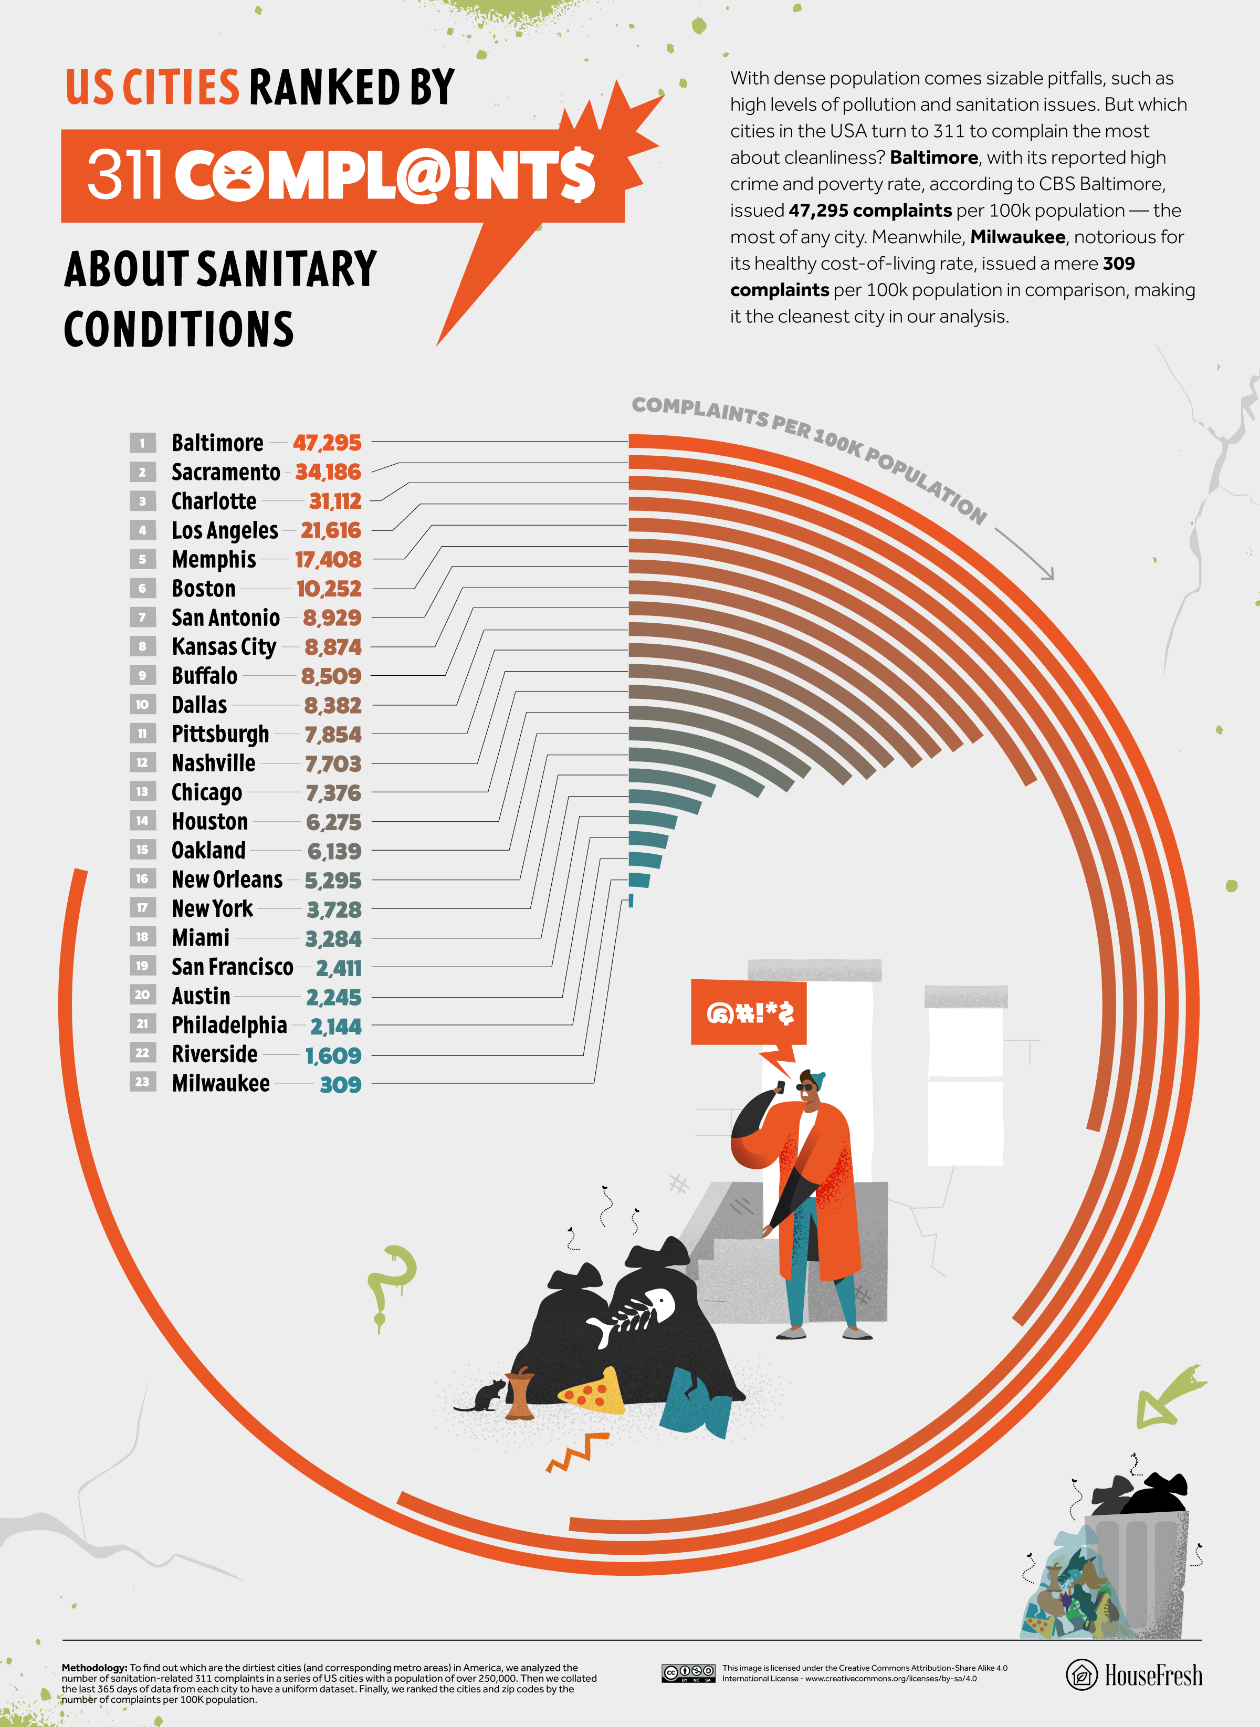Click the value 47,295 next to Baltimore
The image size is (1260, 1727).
327,443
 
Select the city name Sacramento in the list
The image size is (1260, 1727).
225,472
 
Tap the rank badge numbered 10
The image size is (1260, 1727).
142,704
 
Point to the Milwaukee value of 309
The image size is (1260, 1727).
340,1084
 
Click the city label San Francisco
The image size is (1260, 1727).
232,967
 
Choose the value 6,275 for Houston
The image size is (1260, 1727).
333,822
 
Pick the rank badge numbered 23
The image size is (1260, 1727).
142,1082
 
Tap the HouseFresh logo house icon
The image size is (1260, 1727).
1081,1675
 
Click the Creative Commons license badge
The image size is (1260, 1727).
688,1673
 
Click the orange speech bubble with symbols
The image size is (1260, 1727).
748,1012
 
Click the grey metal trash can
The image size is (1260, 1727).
1137,1572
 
